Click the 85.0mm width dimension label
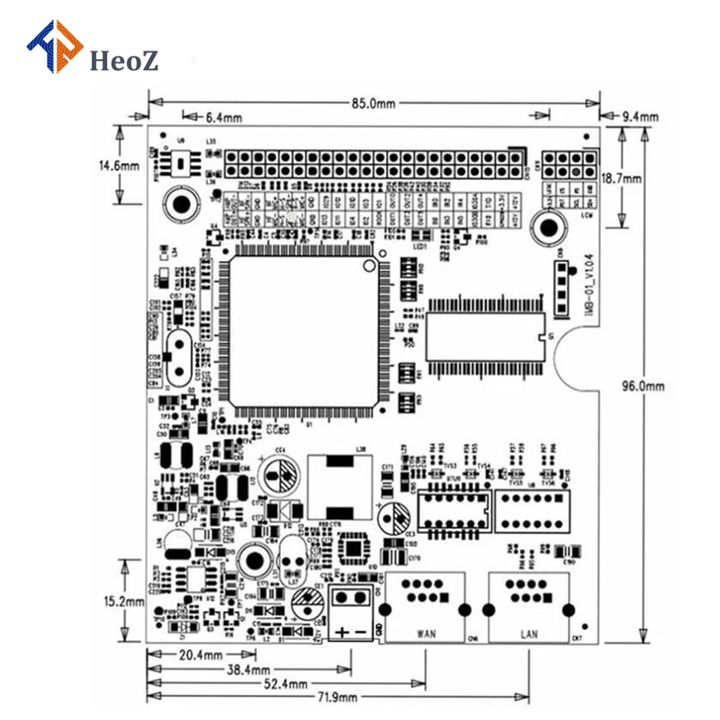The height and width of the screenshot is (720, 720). (x=373, y=103)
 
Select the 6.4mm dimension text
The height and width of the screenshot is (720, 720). (x=224, y=117)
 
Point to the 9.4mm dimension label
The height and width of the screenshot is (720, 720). (x=640, y=117)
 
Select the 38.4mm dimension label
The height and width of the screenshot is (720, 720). (x=247, y=670)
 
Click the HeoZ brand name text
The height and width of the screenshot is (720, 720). (x=125, y=60)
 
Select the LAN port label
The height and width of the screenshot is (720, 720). (x=529, y=634)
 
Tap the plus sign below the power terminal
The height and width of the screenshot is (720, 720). (x=343, y=632)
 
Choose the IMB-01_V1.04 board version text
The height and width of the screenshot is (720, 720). (x=586, y=283)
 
